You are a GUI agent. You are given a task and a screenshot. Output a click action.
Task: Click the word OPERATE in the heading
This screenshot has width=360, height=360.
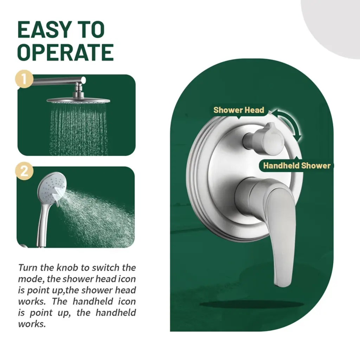tap(65, 52)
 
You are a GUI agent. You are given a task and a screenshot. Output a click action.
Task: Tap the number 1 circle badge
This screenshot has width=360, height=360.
tap(24, 79)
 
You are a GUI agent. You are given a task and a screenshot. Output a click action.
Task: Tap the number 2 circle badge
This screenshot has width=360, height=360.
tap(24, 171)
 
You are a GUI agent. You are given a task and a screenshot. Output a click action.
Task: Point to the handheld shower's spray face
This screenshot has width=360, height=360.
tap(52, 187)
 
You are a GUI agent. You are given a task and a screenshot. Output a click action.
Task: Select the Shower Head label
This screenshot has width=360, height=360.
tap(239, 110)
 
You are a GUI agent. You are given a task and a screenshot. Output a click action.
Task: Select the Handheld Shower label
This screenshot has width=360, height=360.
tap(297, 166)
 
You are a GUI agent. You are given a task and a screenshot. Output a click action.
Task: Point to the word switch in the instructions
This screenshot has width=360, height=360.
tap(106, 268)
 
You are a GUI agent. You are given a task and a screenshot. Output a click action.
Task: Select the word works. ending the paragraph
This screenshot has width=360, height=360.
tap(32, 324)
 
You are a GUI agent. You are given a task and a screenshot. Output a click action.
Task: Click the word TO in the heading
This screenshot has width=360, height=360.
tap(91, 30)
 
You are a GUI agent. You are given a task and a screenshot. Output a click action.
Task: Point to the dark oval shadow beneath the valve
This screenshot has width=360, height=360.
tap(252, 304)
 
